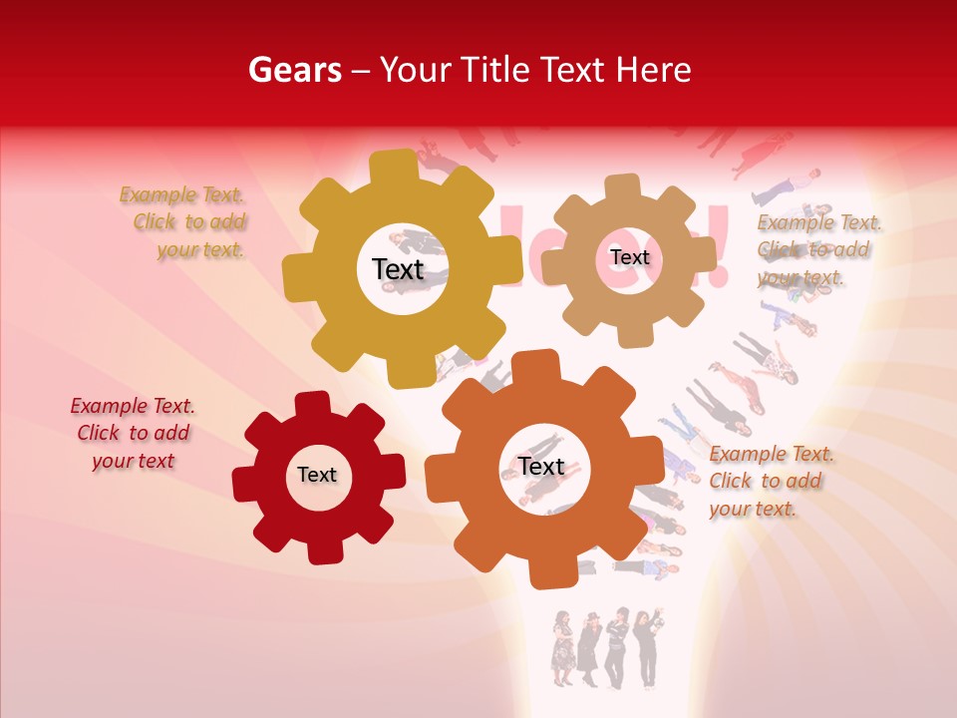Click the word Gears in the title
pyautogui.click(x=294, y=70)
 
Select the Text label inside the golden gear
pyautogui.click(x=398, y=269)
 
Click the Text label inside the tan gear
pyautogui.click(x=629, y=257)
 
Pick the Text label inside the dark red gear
pyautogui.click(x=317, y=475)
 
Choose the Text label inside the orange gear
pyautogui.click(x=541, y=466)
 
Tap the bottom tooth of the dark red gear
pyautogui.click(x=321, y=549)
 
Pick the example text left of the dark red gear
pyautogui.click(x=133, y=434)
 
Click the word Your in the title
pyautogui.click(x=411, y=70)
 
